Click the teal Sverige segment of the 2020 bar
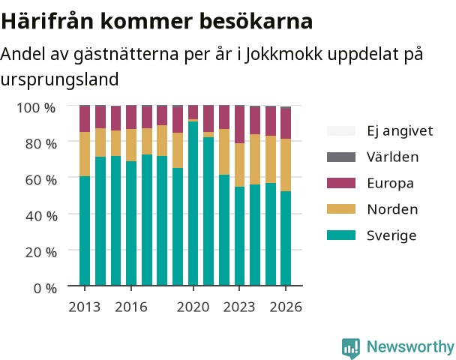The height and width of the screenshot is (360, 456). tap(193, 203)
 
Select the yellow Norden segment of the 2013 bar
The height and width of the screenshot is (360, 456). tap(85, 154)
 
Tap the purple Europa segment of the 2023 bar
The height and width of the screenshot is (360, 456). tap(240, 124)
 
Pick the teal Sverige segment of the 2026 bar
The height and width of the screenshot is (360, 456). tap(286, 238)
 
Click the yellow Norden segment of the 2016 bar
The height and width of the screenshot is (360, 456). tap(131, 145)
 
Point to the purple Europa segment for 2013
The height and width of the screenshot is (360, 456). tap(85, 119)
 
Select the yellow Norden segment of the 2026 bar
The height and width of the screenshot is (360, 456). tap(286, 165)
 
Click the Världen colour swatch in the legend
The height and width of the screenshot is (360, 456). tap(341, 157)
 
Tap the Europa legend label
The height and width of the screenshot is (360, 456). tap(390, 183)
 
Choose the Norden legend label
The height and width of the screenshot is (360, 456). tap(392, 209)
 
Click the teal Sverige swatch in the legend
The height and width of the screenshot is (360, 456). tap(341, 235)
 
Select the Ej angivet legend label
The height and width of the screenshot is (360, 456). tap(400, 131)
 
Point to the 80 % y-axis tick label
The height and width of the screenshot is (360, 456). tap(41, 144)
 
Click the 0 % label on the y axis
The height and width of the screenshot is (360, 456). tap(45, 288)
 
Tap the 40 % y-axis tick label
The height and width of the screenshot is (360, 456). tap(41, 216)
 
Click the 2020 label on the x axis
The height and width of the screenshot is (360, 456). tap(193, 307)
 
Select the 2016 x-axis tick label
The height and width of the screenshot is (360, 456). tap(131, 307)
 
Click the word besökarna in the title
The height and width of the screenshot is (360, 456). tap(256, 21)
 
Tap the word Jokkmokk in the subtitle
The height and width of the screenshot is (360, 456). tap(283, 54)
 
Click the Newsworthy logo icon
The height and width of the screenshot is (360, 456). tap(351, 348)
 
